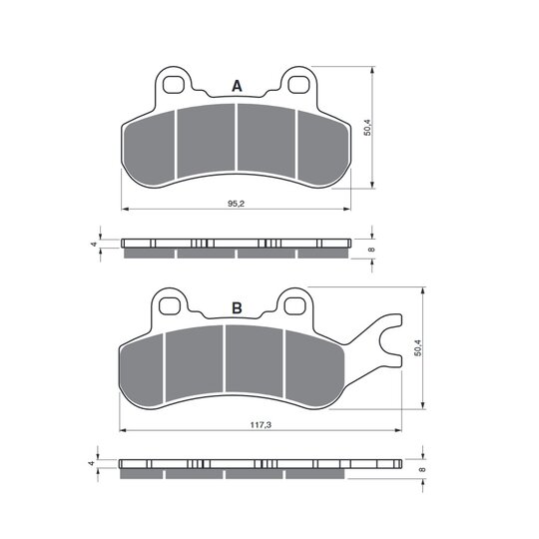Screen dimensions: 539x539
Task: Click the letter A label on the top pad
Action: (237, 86)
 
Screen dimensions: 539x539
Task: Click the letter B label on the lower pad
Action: (237, 308)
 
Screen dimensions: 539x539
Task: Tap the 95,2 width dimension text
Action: (236, 204)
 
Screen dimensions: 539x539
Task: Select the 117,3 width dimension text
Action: (261, 425)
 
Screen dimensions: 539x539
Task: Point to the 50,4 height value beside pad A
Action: (367, 128)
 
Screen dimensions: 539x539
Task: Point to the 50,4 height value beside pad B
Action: (418, 347)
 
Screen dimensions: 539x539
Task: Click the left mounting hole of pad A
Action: (173, 85)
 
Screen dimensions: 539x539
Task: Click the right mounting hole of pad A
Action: (298, 85)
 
